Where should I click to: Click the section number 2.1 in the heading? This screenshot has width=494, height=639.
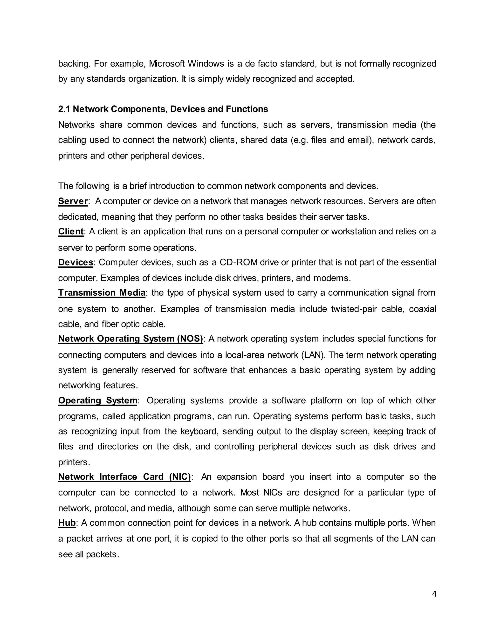click(x=64, y=109)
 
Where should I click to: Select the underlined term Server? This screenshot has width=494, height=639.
click(x=73, y=201)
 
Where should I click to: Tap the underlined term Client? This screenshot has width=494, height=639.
click(x=71, y=231)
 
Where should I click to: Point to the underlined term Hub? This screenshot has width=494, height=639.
click(x=67, y=523)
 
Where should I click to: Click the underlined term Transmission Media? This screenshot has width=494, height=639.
click(x=102, y=292)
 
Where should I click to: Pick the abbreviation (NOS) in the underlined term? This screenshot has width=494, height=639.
click(x=190, y=339)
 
